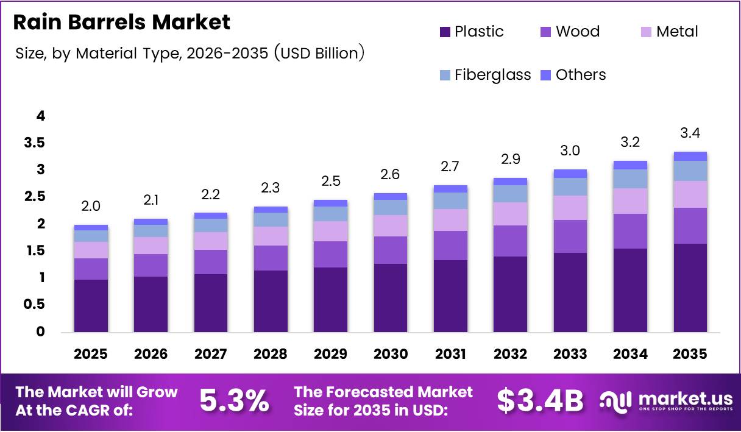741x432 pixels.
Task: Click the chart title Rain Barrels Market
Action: point(122,23)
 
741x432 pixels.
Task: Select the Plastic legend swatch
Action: point(445,32)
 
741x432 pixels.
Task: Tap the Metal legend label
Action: point(676,32)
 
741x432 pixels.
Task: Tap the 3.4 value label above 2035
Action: point(690,133)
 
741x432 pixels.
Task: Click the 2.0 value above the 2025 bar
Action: point(91,207)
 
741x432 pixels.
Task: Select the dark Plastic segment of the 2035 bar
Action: point(690,288)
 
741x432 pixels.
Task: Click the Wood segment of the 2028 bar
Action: point(271,258)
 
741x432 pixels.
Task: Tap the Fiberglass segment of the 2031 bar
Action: point(451,200)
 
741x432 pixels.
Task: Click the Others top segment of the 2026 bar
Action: point(151,222)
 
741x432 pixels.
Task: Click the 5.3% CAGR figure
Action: point(235,400)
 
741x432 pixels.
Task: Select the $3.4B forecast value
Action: point(540,400)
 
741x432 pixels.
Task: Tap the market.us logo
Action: point(665,400)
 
